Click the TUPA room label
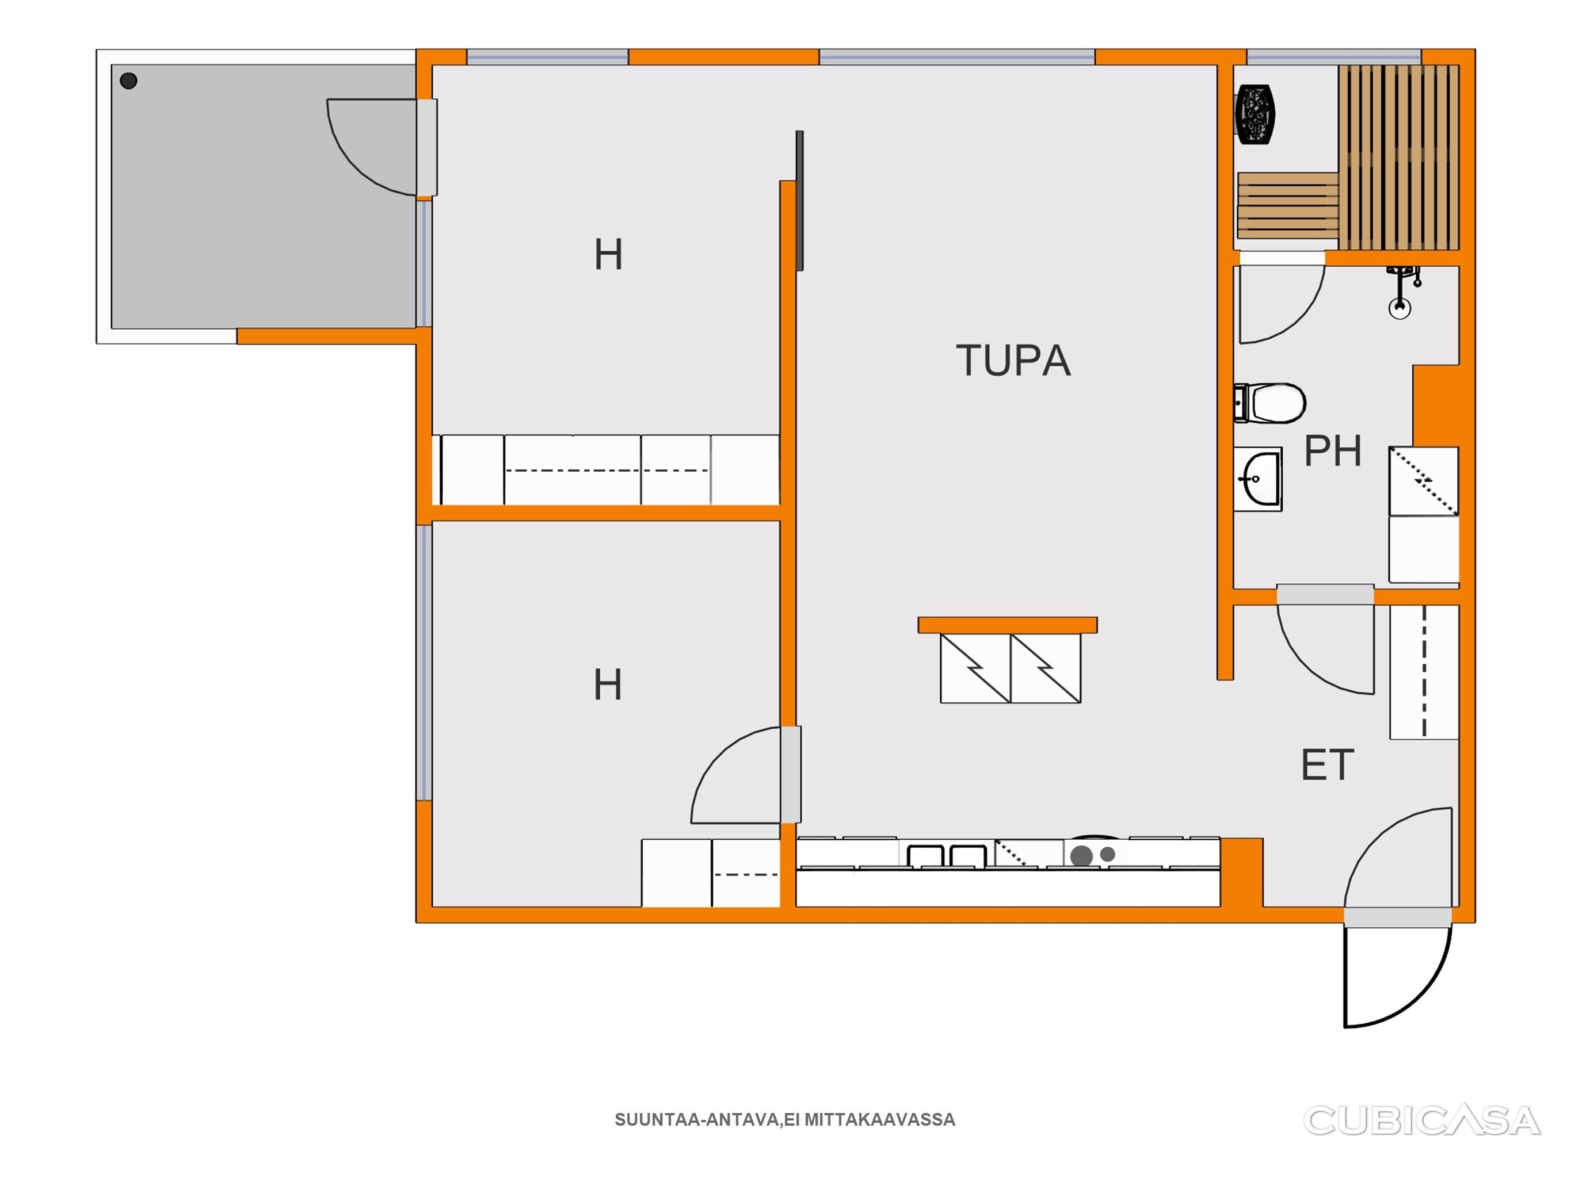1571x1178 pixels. tap(1013, 360)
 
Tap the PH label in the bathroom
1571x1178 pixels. tap(1332, 450)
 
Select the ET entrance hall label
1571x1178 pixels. tap(1328, 765)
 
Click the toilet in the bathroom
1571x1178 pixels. tap(1270, 403)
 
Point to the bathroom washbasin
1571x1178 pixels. tap(1258, 479)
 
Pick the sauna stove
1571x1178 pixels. tap(1256, 114)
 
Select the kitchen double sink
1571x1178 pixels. tap(947, 855)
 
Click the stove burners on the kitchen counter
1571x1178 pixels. tap(1092, 855)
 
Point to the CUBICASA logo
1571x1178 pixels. tap(1421, 1120)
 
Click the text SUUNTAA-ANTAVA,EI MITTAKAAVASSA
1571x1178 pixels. tap(785, 1120)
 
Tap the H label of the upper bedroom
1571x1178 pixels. tap(609, 255)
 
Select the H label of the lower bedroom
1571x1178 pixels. tap(608, 685)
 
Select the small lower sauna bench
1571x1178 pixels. tap(1288, 205)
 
